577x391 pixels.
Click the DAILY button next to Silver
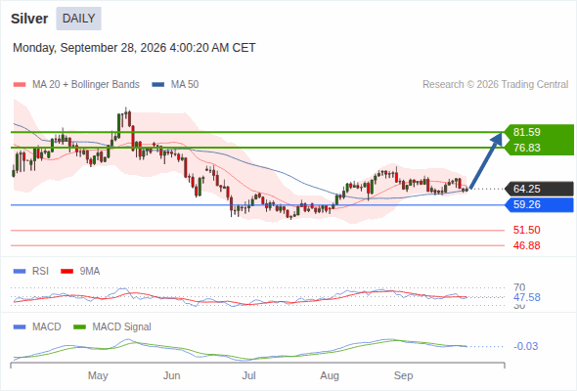tap(79, 19)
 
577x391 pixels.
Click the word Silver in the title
tap(29, 19)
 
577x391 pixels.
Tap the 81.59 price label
tap(527, 132)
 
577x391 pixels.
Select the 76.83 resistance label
tap(527, 148)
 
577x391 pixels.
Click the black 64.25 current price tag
tap(527, 189)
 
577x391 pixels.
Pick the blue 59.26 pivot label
tap(527, 204)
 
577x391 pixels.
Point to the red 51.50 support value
tap(526, 230)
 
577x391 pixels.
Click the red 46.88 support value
tap(526, 245)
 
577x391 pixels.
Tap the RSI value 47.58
tap(527, 297)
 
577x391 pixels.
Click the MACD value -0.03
tap(525, 346)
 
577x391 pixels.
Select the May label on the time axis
tap(98, 375)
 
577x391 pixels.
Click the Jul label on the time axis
tap(248, 375)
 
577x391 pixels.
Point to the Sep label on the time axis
tap(403, 375)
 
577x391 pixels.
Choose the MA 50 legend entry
tap(175, 85)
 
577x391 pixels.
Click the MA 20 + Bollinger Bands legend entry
tap(76, 85)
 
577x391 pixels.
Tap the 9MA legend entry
tap(80, 271)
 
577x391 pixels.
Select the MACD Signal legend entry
tap(112, 326)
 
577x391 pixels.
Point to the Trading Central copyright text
tap(495, 85)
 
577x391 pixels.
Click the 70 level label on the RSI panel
tap(519, 287)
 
